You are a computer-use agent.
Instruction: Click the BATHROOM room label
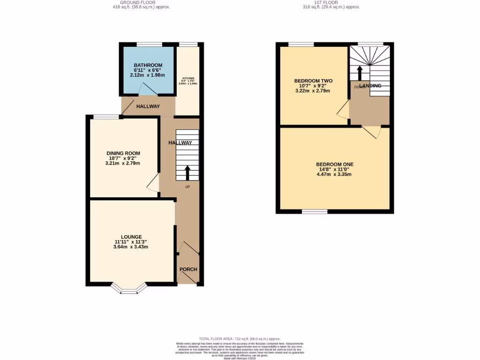tap(148, 65)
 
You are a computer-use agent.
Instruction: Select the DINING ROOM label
tap(123, 153)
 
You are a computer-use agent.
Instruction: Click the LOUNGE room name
tap(131, 237)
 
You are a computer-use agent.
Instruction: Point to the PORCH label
tap(188, 269)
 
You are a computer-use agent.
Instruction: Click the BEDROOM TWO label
tap(313, 81)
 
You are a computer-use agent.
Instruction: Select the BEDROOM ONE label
tap(334, 164)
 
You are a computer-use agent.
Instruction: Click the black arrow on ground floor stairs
tap(187, 172)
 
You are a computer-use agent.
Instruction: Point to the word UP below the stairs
tap(187, 187)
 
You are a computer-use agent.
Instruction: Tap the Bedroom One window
tap(314, 212)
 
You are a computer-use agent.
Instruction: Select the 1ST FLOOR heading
tap(333, 2)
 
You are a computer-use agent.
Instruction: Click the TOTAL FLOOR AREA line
tap(240, 338)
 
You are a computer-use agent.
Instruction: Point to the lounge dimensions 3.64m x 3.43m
tap(131, 247)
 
